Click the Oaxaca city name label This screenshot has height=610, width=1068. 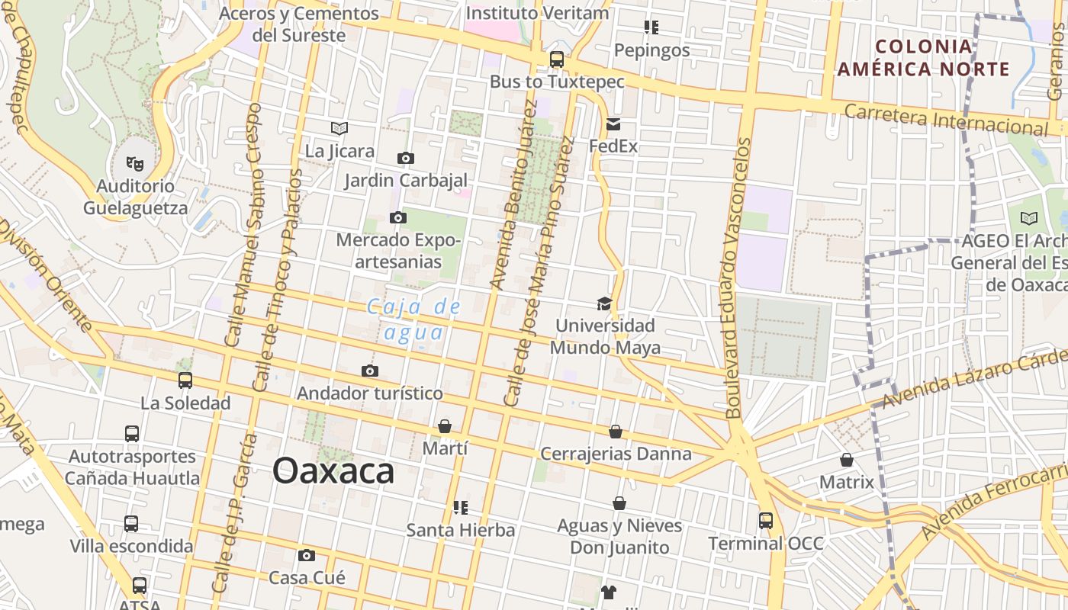333,470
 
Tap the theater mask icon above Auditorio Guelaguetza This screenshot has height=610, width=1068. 135,162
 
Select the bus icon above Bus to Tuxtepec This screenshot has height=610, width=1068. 557,59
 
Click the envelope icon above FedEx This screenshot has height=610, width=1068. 613,124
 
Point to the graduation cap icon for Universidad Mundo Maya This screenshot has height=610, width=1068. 604,303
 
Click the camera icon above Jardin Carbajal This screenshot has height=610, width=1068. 406,158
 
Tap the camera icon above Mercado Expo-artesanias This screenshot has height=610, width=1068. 397,217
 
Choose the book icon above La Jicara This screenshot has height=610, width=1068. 339,128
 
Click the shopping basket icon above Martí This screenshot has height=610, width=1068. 445,426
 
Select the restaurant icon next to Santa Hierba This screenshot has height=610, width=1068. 461,507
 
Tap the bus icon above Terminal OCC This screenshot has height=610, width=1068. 766,521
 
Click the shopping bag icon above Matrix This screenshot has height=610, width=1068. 847,460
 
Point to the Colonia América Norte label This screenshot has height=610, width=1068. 924,58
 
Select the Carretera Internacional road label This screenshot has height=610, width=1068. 946,120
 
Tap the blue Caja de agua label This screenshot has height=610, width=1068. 413,319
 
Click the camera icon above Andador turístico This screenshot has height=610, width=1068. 370,371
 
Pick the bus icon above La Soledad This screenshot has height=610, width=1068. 185,380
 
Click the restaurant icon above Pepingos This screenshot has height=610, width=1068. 651,27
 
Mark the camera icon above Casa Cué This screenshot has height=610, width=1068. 307,555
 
